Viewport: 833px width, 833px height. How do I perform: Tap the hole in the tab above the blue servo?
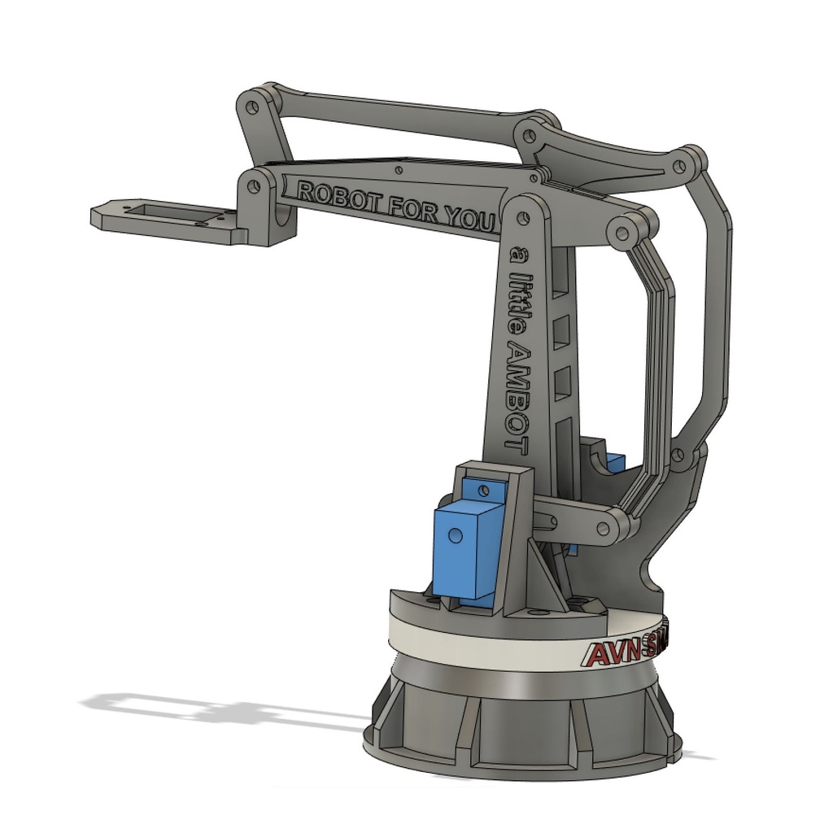[486, 491]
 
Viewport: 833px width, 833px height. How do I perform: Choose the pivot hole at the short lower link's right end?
[604, 529]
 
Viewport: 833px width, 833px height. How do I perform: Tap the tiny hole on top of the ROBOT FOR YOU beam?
[398, 169]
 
